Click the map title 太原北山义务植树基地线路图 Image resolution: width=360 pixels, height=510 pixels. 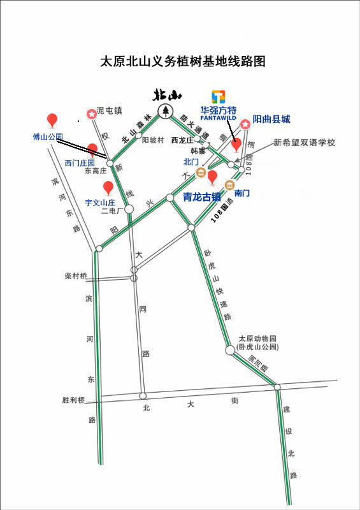[x=182, y=62]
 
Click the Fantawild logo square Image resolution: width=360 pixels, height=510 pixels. [x=219, y=97]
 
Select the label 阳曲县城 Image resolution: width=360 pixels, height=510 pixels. [x=271, y=119]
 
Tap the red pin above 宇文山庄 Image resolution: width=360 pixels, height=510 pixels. [x=109, y=188]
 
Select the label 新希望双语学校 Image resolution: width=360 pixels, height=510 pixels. [x=304, y=142]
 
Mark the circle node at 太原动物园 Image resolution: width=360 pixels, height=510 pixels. [x=230, y=350]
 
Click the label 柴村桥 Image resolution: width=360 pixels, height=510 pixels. [x=75, y=276]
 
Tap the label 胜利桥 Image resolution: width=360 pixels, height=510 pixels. [x=73, y=400]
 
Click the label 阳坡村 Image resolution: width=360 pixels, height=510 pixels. [x=153, y=139]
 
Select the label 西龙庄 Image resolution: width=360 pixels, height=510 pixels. [x=182, y=139]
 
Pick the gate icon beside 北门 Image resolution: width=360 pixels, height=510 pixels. [x=201, y=172]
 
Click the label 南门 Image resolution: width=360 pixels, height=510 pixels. [x=241, y=192]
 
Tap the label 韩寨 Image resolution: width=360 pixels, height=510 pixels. [x=198, y=151]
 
